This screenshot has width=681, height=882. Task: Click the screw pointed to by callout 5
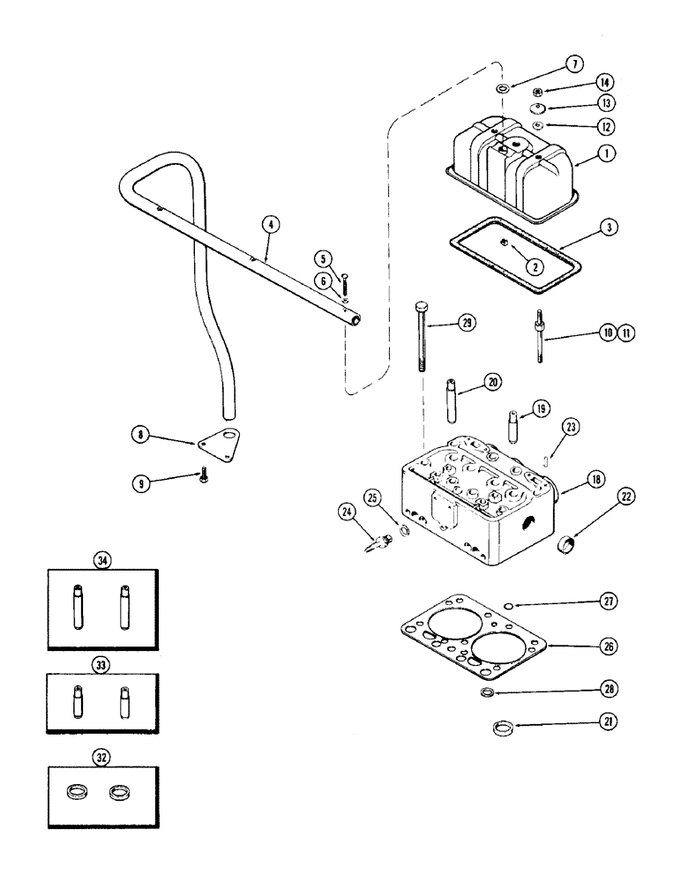(342, 284)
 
